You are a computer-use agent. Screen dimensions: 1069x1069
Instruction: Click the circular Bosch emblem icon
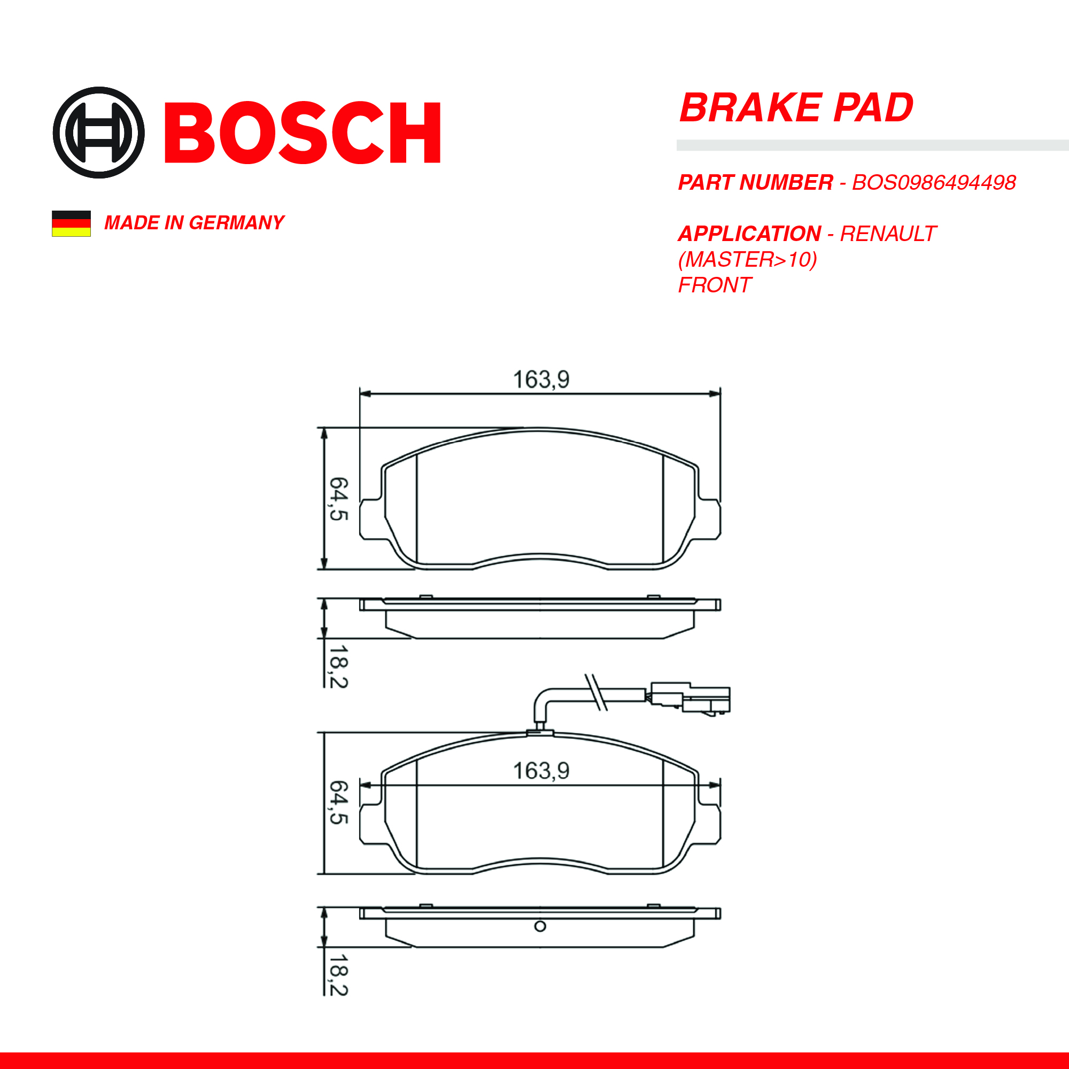[98, 132]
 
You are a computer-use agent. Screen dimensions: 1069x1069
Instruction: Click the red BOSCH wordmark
[302, 133]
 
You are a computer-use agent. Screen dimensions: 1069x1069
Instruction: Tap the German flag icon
[72, 223]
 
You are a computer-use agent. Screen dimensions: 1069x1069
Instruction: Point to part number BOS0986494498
[933, 183]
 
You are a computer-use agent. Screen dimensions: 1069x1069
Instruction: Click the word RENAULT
[887, 234]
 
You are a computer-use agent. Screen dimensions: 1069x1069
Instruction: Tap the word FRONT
[714, 285]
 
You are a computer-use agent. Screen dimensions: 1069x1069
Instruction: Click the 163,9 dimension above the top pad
[540, 379]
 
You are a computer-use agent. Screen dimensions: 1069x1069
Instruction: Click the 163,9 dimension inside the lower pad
[540, 771]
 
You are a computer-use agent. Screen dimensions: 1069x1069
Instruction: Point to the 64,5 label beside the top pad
[339, 499]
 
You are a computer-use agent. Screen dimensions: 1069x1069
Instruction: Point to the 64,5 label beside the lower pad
[339, 802]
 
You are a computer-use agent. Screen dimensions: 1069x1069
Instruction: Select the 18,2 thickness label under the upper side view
[339, 667]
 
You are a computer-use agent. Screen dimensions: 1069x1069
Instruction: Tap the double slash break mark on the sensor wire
[597, 692]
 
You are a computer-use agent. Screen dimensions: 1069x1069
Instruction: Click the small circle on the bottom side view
[540, 926]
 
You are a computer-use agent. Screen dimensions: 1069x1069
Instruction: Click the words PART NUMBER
[755, 183]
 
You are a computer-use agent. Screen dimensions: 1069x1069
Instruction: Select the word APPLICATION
[749, 234]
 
